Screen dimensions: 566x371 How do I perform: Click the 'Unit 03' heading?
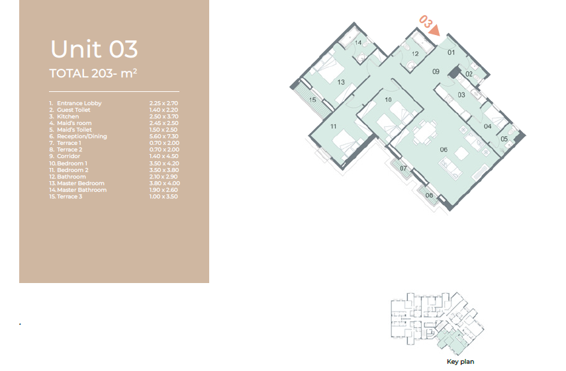94,49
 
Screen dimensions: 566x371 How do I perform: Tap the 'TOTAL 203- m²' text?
93,73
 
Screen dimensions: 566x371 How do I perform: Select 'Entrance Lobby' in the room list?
79,103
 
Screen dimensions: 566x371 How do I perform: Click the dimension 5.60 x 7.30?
164,136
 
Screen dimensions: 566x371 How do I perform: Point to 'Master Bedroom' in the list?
81,183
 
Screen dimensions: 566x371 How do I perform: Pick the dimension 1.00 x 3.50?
164,196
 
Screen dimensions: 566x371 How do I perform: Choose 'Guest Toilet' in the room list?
73,110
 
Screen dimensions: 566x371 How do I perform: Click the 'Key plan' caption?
460,362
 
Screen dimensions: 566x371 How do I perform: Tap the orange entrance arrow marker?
435,30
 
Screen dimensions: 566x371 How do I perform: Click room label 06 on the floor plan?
444,149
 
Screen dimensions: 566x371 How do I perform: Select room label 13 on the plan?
341,82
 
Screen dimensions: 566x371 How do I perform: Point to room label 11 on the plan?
333,126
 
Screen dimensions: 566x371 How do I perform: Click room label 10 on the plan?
388,99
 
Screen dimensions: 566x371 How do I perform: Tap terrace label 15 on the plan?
312,99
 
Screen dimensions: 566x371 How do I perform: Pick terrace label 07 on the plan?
403,168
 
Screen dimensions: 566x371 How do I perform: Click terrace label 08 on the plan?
429,195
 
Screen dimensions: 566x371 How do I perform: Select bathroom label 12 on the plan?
415,54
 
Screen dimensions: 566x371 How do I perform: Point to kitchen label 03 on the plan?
461,95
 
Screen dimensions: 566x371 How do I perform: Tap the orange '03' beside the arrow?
425,22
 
